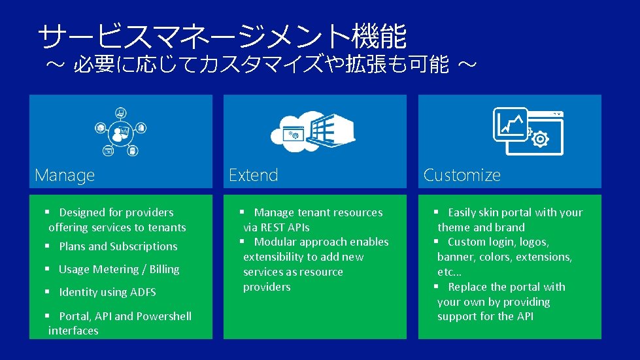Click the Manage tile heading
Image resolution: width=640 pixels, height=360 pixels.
(x=65, y=175)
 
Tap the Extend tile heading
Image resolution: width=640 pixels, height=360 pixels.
(x=254, y=175)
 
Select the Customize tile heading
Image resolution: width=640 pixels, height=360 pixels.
(x=462, y=175)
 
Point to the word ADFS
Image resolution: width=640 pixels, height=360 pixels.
(x=143, y=292)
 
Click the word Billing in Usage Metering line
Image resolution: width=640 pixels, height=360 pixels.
(x=164, y=269)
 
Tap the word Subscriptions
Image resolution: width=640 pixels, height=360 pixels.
(x=144, y=246)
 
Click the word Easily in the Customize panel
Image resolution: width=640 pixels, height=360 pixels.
(x=462, y=212)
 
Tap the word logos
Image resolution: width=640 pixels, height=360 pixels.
(x=534, y=242)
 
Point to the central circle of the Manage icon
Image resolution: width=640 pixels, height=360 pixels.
(x=120, y=133)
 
